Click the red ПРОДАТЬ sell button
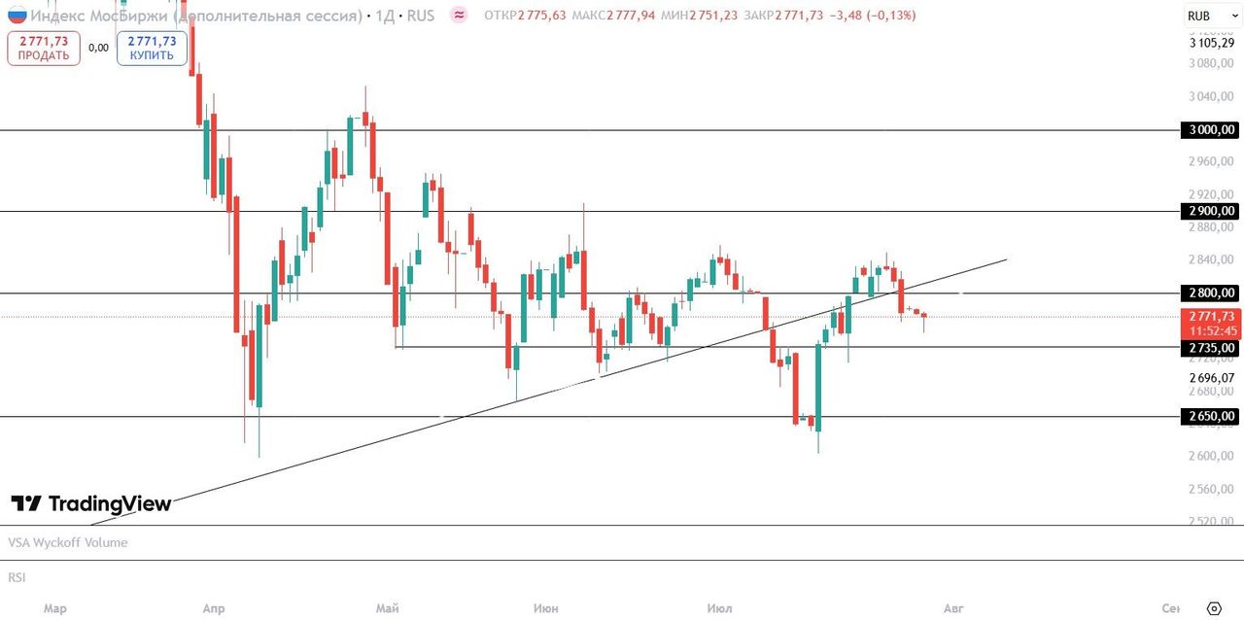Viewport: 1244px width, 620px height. pos(43,48)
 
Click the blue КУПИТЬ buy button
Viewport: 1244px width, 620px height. pos(152,48)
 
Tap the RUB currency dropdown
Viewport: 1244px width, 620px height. pos(1206,16)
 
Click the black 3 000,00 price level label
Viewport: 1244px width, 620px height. pos(1209,129)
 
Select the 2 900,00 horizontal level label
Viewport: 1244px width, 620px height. pos(1209,211)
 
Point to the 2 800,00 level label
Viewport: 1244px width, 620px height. pos(1209,293)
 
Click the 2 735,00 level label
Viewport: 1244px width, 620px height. pos(1209,347)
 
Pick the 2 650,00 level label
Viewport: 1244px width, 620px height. pos(1209,416)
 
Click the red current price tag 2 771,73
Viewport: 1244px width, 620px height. pos(1211,316)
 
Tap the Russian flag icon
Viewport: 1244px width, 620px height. pos(17,16)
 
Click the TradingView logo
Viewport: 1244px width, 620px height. pos(91,503)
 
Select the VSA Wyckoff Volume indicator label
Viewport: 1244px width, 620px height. pos(68,542)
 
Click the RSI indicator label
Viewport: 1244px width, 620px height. pos(17,577)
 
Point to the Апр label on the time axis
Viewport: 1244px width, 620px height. pos(214,608)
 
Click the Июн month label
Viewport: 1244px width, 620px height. pos(546,608)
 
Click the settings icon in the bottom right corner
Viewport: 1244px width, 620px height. pos(1213,608)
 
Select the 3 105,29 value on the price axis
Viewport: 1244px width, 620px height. pos(1211,43)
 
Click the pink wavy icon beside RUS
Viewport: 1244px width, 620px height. pos(460,16)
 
